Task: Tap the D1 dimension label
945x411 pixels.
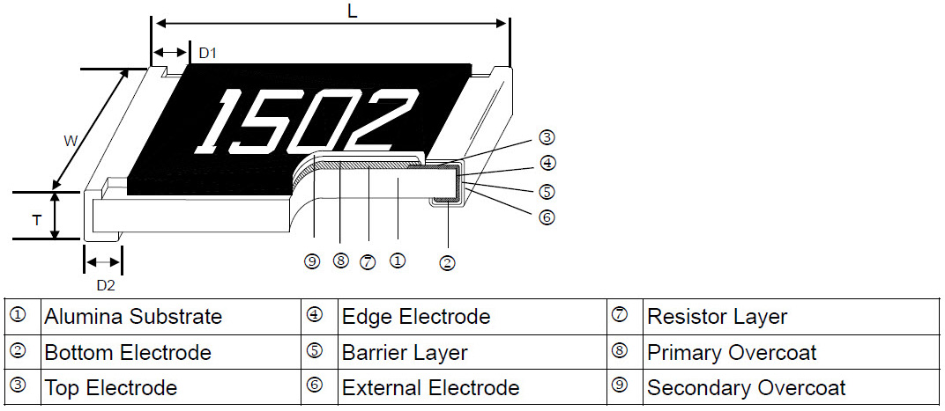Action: (207, 54)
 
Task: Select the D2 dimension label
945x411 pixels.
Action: (105, 284)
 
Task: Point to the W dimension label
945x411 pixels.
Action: (71, 141)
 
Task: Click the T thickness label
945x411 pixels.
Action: (36, 220)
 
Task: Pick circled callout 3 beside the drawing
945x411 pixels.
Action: (547, 137)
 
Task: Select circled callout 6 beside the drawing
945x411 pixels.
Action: (547, 217)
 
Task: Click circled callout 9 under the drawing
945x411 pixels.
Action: (311, 261)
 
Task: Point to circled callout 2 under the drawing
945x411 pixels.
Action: (447, 262)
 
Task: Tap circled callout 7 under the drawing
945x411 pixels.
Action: (368, 261)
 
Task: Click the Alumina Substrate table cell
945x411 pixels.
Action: (133, 316)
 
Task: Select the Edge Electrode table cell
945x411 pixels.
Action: (415, 316)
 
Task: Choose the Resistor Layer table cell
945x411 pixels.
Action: (717, 316)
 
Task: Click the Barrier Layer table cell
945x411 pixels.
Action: (405, 353)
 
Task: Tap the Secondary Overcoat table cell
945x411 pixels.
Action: (746, 388)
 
